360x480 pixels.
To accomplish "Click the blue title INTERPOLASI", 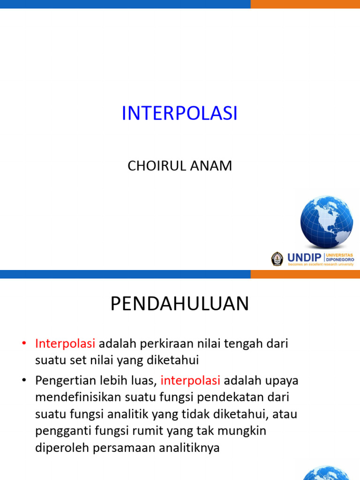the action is coord(180,113).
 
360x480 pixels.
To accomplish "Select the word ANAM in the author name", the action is coord(211,166).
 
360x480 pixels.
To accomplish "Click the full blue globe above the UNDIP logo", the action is coord(327,222).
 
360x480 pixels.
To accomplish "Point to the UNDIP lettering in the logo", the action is coord(304,258).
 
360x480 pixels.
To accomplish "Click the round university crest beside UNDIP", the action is coord(277,259).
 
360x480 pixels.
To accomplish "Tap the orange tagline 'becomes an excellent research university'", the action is coord(321,264).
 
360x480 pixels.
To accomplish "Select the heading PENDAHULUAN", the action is coord(180,304).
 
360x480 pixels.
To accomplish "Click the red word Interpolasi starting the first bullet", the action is coord(65,344).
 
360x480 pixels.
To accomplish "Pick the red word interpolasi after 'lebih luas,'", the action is coord(190,381).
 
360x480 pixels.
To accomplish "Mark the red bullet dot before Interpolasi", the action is coord(24,344).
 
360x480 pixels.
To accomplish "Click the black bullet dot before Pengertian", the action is coord(24,380).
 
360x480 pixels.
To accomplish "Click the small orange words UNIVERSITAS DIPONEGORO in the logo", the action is coord(340,257).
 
